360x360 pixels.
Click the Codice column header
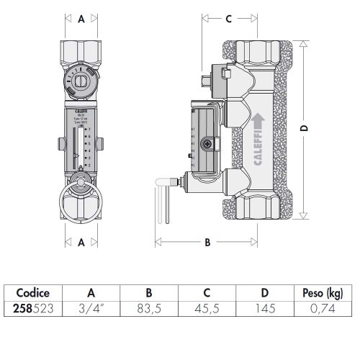(x=32, y=293)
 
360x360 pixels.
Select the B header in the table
(x=148, y=293)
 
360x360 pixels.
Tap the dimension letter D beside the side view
(x=304, y=127)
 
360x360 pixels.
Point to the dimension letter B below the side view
(x=207, y=243)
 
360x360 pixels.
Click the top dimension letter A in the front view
(x=81, y=20)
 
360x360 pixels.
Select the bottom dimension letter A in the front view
(x=81, y=243)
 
